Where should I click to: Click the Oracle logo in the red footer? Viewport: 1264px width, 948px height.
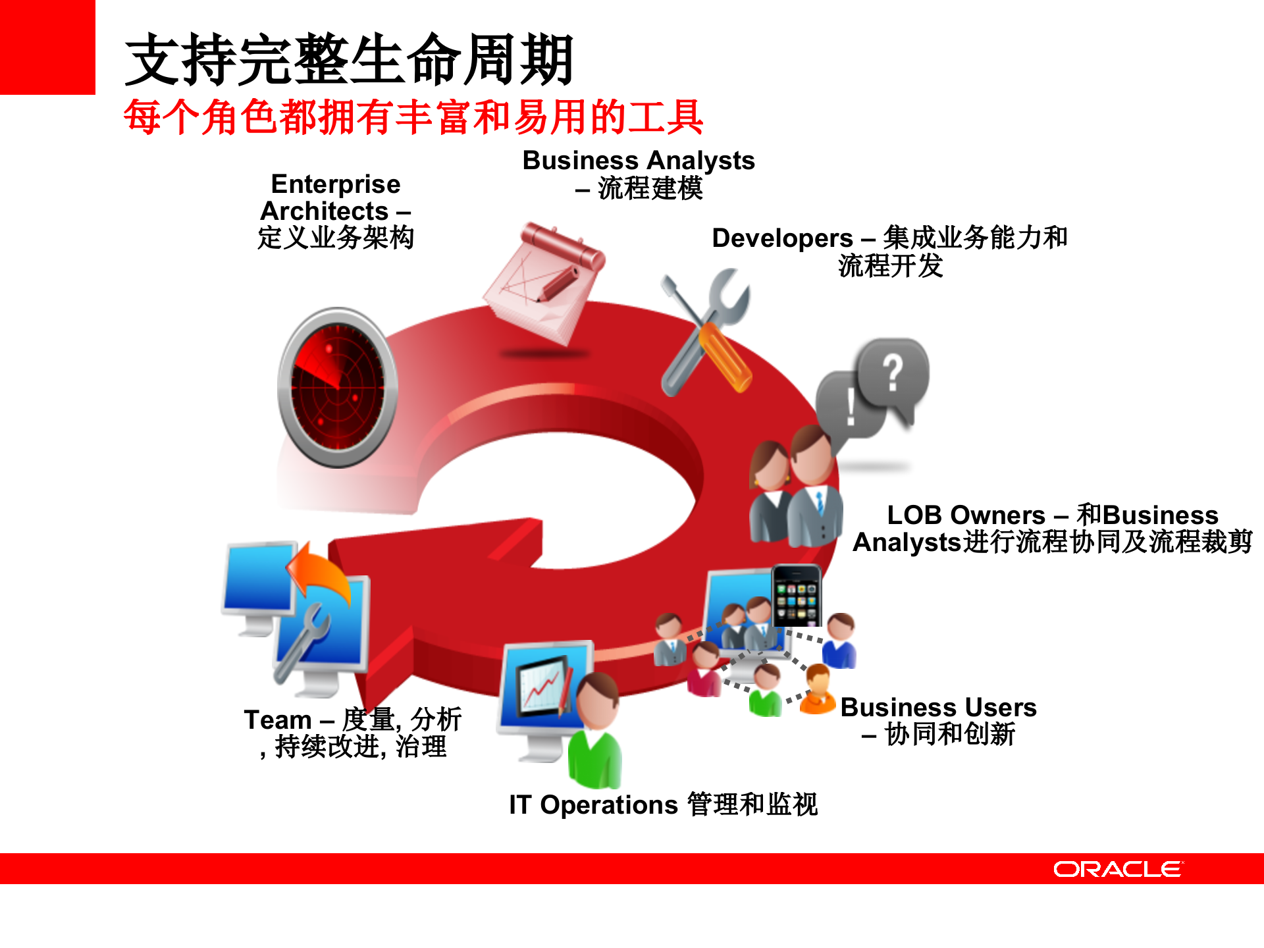click(1117, 869)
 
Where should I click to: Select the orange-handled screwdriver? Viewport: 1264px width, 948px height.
click(724, 355)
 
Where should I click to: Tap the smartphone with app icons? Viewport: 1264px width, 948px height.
click(796, 595)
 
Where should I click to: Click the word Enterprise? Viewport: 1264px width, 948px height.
click(335, 184)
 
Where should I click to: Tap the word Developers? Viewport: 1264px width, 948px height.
click(782, 238)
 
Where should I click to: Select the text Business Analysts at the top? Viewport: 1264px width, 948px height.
click(638, 161)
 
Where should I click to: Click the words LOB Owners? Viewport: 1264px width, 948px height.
click(966, 515)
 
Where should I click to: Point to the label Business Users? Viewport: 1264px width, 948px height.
click(938, 708)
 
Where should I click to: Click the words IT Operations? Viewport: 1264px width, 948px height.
click(592, 805)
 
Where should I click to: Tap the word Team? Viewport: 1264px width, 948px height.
click(277, 720)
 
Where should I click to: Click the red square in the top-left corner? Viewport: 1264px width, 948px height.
click(47, 47)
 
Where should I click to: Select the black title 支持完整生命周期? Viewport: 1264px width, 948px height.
click(349, 61)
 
